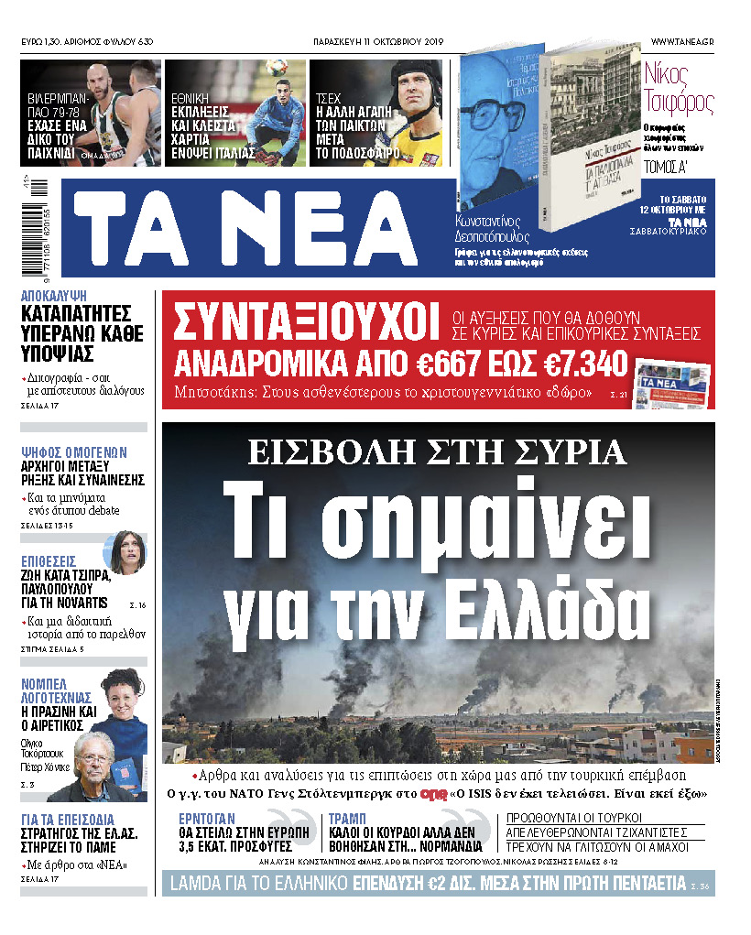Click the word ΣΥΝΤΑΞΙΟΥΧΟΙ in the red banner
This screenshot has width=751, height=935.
pos(301,321)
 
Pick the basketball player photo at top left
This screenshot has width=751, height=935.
pos(90,113)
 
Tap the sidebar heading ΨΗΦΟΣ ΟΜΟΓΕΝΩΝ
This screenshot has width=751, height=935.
pos(73,452)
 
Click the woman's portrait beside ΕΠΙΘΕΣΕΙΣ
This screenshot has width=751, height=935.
pos(125,551)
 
